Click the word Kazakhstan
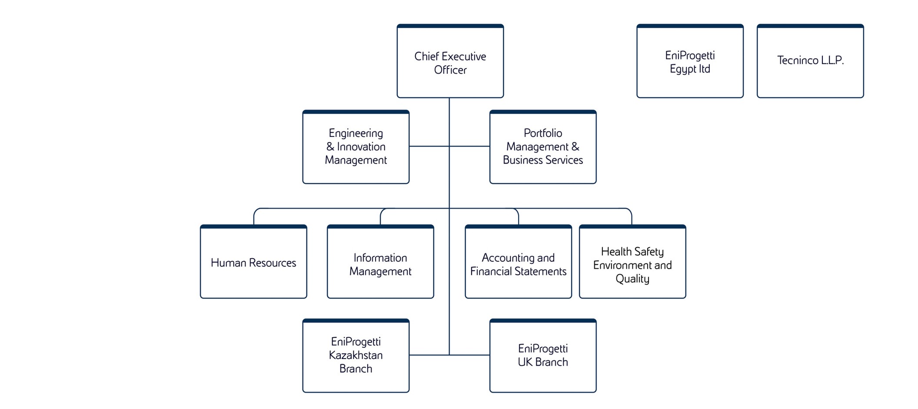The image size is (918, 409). pos(356,355)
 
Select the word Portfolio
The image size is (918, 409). pos(542,133)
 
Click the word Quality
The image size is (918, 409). pos(632,279)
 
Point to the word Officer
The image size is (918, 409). pos(450,70)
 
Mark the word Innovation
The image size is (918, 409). pos(361,146)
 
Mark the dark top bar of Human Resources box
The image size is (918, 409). pos(253,226)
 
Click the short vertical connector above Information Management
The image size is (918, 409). pos(380,218)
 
